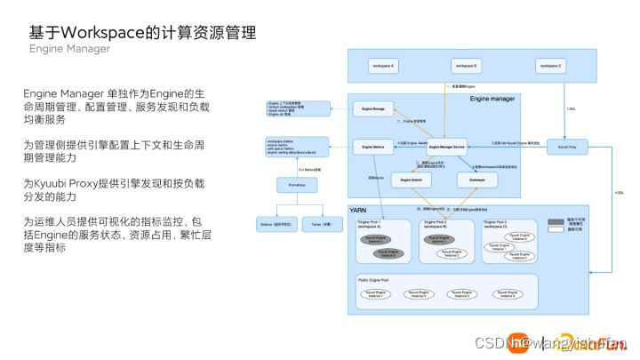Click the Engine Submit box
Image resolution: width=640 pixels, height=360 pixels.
pyautogui.click(x=412, y=180)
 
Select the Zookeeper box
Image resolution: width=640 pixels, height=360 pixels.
pyautogui.click(x=476, y=180)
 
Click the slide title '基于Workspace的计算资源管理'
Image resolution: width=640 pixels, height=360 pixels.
pyautogui.click(x=142, y=33)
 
